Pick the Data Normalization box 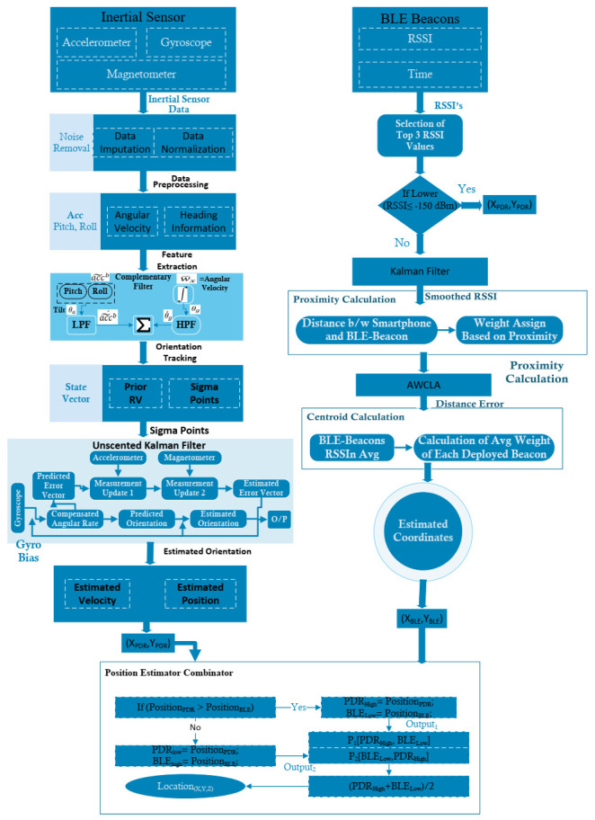click(195, 142)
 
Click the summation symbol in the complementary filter click(140, 324)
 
